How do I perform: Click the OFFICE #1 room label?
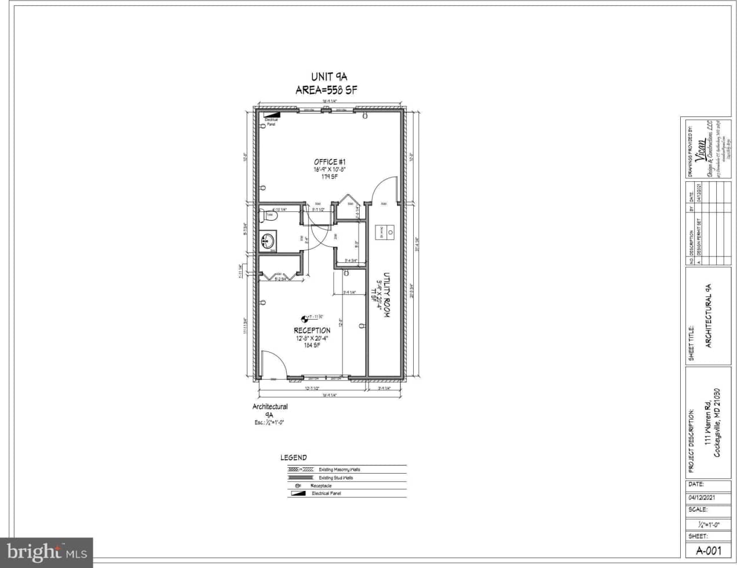(330, 162)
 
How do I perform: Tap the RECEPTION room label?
(312, 331)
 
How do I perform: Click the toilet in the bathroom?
(269, 216)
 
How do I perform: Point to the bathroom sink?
(268, 240)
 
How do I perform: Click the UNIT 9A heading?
(329, 76)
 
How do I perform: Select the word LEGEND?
(294, 457)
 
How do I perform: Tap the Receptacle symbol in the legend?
(298, 486)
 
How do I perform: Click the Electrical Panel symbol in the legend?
(299, 493)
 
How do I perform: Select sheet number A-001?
(708, 551)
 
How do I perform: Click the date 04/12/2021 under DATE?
(702, 497)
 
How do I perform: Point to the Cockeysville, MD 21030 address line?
(717, 423)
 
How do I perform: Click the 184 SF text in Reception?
(312, 346)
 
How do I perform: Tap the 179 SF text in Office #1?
(330, 177)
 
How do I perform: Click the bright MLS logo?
(46, 552)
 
